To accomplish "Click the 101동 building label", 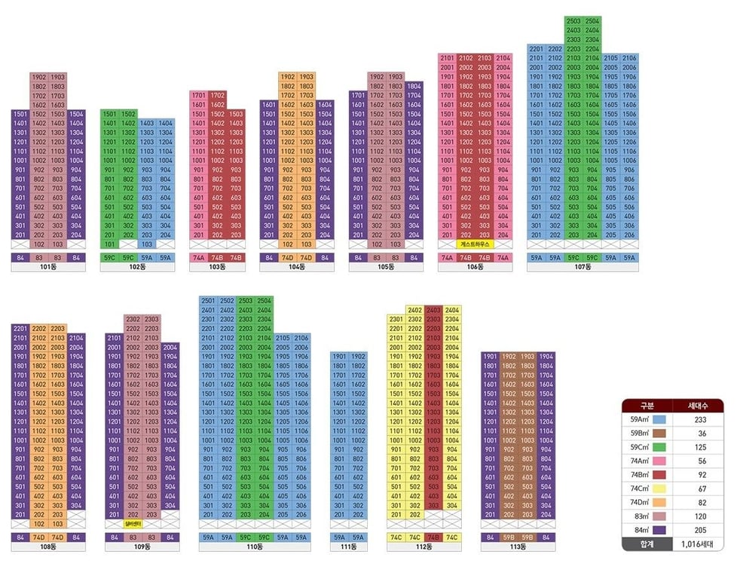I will pyautogui.click(x=48, y=267).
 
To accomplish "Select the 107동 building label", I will pyautogui.click(x=582, y=267).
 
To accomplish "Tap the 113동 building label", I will pyautogui.click(x=517, y=547).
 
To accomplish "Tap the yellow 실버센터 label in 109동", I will pyautogui.click(x=133, y=524).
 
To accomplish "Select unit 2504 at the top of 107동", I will pyautogui.click(x=593, y=21).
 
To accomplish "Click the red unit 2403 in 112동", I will pyautogui.click(x=434, y=311).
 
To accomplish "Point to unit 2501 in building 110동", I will pyautogui.click(x=208, y=301).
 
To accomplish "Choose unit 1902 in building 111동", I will pyautogui.click(x=358, y=357).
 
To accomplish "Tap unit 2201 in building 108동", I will pyautogui.click(x=20, y=329).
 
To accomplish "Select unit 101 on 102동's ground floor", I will pyautogui.click(x=109, y=245).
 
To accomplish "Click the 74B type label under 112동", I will pyautogui.click(x=434, y=537).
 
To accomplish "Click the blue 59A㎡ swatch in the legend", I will pyautogui.click(x=659, y=419).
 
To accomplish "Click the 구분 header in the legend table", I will pyautogui.click(x=647, y=405).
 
